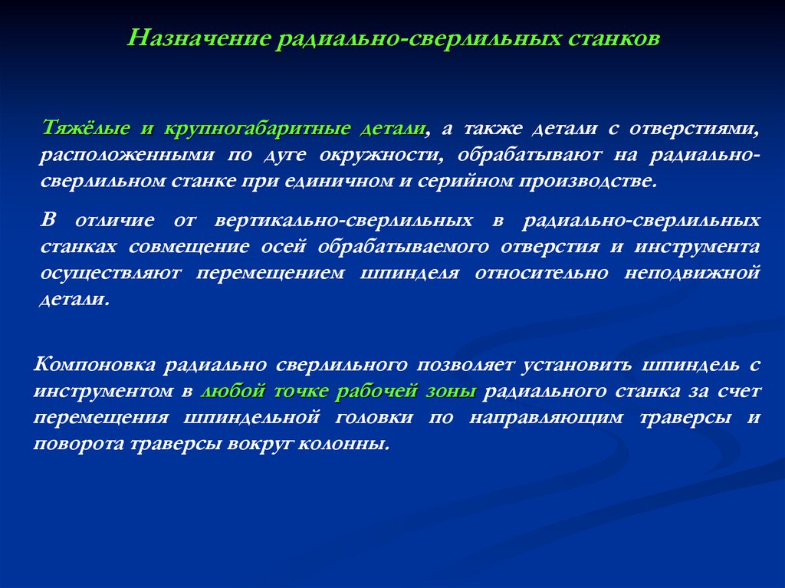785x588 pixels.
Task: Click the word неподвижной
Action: [x=703, y=273]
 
